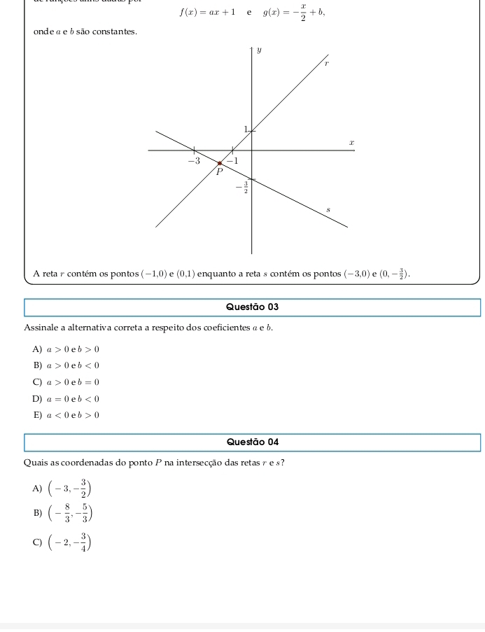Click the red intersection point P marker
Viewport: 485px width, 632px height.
coord(219,163)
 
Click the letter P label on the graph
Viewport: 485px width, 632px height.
coord(218,171)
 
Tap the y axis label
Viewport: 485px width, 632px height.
coord(258,51)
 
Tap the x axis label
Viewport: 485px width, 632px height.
coord(352,142)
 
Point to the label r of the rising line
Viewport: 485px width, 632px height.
coord(325,64)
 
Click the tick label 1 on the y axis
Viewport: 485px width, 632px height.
coord(245,129)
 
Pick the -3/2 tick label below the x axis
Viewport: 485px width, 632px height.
coord(241,187)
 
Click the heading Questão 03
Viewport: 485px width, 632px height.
coord(253,307)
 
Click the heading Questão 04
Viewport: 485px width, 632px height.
coord(253,442)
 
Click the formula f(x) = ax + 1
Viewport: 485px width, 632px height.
coord(207,12)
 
